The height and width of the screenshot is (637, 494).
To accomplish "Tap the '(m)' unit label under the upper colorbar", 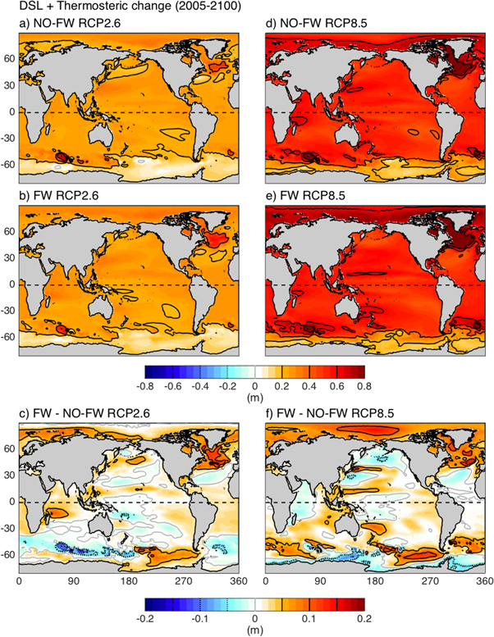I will pyautogui.click(x=254, y=397).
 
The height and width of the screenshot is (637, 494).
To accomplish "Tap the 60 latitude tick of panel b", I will pyautogui.click(x=11, y=232).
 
